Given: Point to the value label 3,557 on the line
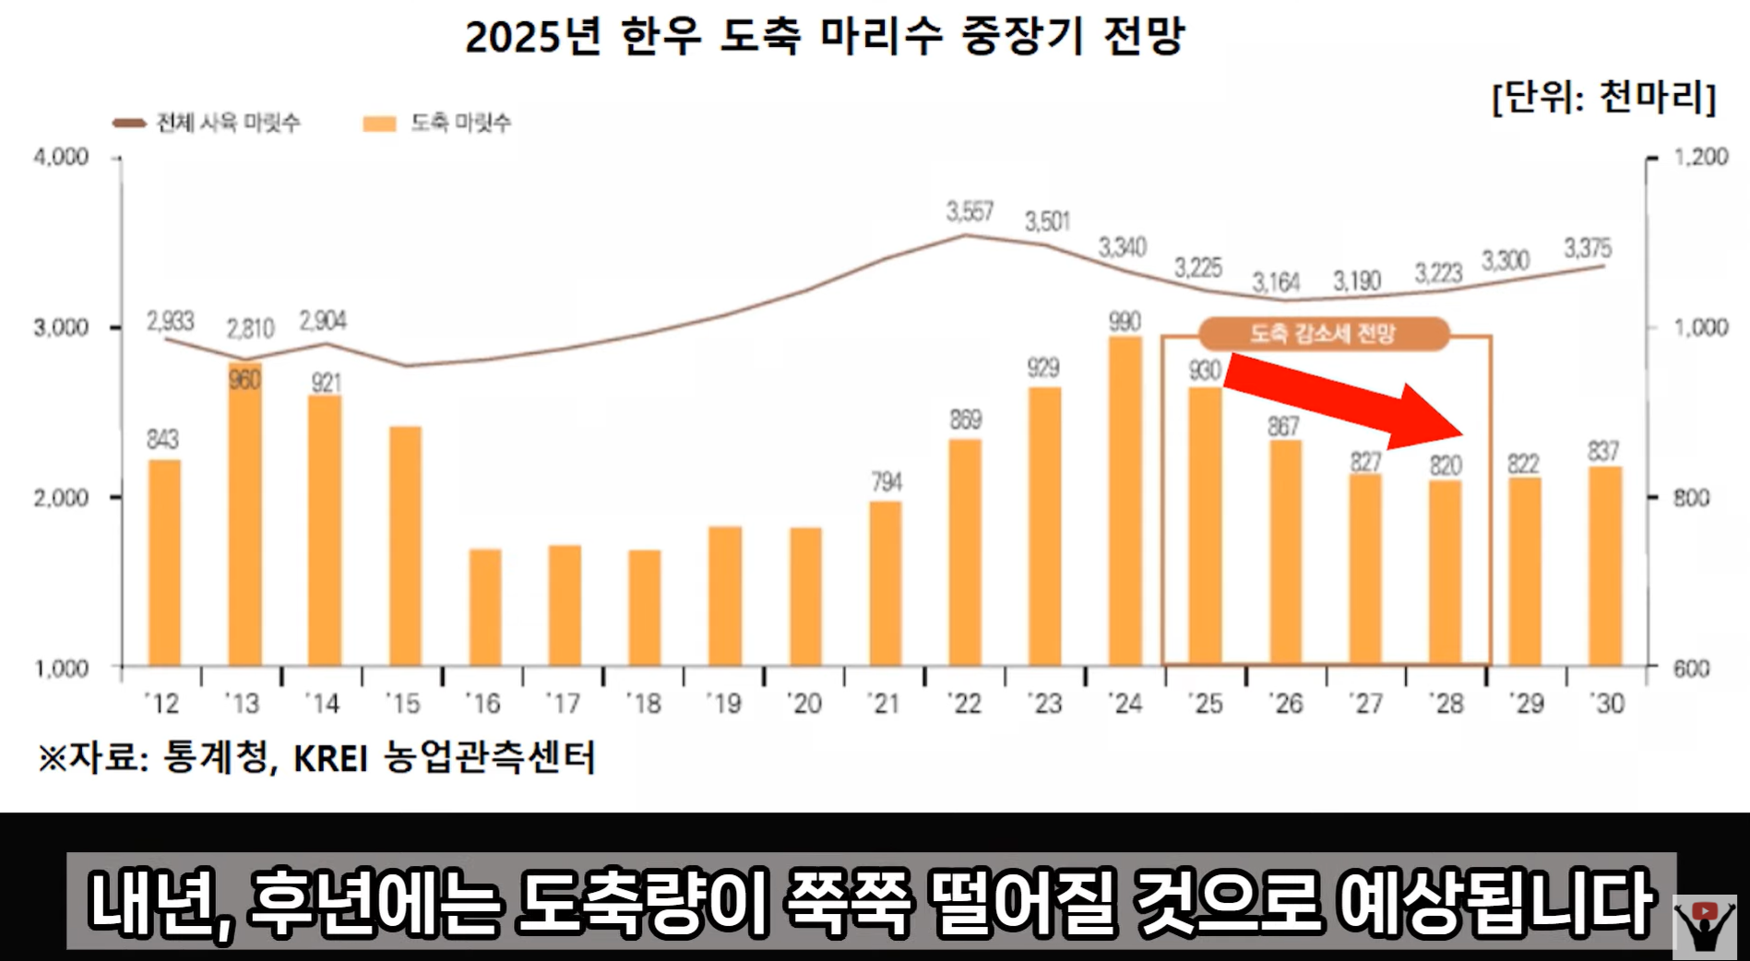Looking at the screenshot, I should (x=970, y=212).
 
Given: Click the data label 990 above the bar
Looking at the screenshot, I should (x=1125, y=322).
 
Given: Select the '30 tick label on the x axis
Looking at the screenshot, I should (x=1606, y=705).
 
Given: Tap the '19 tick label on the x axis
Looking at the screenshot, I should (x=724, y=705).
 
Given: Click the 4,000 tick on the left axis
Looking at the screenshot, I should (x=61, y=157).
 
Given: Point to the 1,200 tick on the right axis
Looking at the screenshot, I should (x=1700, y=157).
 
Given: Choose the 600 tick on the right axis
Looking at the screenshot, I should (x=1691, y=669).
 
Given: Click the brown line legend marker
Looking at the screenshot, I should (x=129, y=123).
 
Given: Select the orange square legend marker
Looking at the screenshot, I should (x=379, y=124).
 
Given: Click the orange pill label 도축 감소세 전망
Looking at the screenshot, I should (x=1323, y=334).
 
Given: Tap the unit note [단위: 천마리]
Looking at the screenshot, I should (x=1603, y=97).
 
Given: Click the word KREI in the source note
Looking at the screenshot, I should (x=330, y=759).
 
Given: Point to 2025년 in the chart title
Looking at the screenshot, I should (x=532, y=38).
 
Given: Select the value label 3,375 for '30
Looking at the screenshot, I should (x=1588, y=248).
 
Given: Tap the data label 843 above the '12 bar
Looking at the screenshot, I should (x=162, y=439).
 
